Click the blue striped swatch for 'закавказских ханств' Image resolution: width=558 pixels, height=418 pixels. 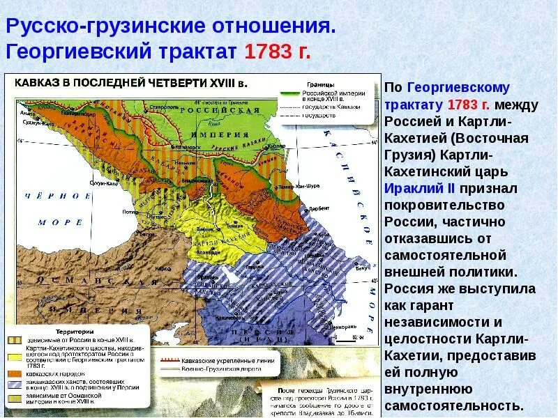click(15, 385)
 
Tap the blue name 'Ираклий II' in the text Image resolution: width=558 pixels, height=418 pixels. click(416, 188)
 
